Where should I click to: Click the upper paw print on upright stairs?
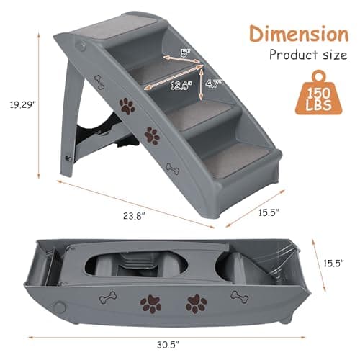click(x=127, y=107)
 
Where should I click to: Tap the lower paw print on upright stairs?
click(x=152, y=135)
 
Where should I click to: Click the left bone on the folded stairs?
click(x=108, y=297)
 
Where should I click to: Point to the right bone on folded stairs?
click(x=238, y=296)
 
